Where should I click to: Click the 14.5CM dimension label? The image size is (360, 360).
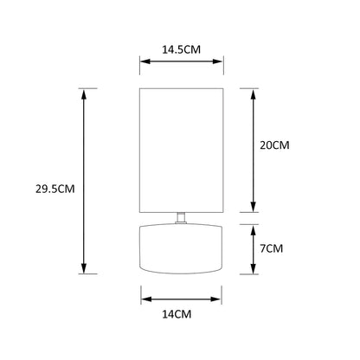[x=181, y=49]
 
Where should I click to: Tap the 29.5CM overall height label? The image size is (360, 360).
[x=55, y=189]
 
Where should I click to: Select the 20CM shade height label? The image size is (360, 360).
[x=274, y=145]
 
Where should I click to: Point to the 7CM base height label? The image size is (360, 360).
[x=272, y=248]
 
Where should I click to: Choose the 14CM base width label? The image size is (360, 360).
[x=177, y=314]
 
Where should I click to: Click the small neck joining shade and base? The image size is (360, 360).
[x=181, y=218]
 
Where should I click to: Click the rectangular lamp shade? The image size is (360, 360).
[x=182, y=151]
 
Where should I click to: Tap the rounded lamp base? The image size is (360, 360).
[x=181, y=248]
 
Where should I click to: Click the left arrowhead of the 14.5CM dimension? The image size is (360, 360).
[x=145, y=61]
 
